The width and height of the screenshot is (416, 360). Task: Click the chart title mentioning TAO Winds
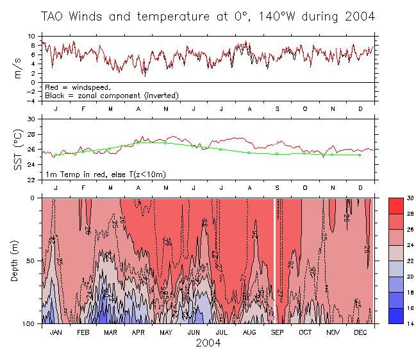tap(208, 16)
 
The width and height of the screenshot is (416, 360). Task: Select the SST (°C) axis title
tap(18, 150)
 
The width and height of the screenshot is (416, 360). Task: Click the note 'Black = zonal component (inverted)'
tap(111, 95)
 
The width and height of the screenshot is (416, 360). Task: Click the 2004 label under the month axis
tap(208, 343)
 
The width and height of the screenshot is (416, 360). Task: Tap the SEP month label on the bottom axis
tap(277, 332)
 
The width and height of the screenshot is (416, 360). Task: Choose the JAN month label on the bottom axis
tap(56, 332)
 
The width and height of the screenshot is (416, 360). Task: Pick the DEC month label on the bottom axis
tap(360, 332)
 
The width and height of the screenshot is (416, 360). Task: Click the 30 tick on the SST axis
tap(32, 119)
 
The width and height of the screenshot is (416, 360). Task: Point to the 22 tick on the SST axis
tap(32, 180)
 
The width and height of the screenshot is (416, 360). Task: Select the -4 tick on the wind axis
tap(32, 101)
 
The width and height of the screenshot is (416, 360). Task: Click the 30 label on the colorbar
tap(411, 198)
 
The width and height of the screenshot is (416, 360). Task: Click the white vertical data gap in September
tap(275, 260)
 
